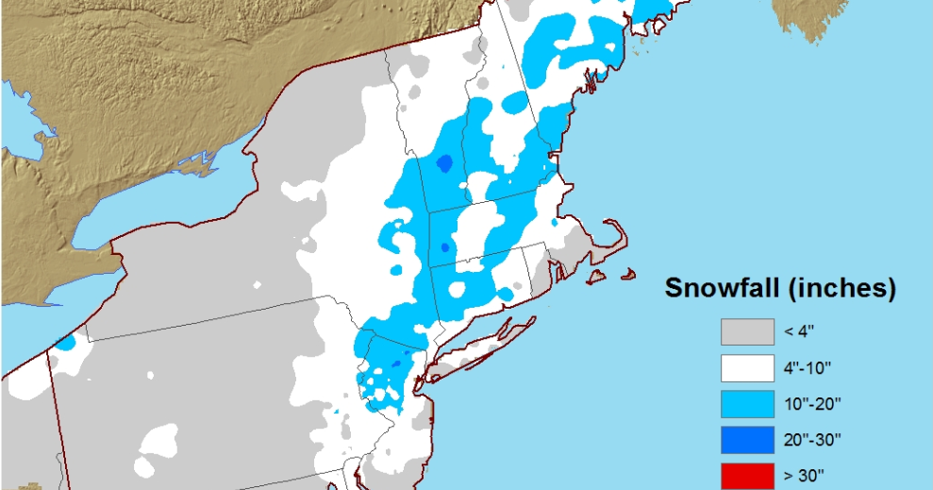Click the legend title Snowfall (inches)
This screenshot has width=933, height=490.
click(779, 288)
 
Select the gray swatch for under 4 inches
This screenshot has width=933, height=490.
click(747, 332)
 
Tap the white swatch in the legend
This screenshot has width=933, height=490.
click(747, 368)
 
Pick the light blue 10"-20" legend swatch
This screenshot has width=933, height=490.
click(747, 404)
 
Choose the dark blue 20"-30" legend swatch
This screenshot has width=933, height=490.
click(747, 440)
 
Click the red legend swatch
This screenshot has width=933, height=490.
click(747, 475)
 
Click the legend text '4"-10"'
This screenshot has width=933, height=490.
click(806, 368)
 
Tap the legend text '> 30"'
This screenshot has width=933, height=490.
click(800, 475)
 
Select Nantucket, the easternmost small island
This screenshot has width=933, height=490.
click(628, 276)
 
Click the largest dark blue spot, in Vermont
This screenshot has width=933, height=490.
click(444, 164)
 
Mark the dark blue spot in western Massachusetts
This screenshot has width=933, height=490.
click(444, 248)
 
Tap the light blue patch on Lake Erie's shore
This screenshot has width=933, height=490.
click(64, 342)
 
